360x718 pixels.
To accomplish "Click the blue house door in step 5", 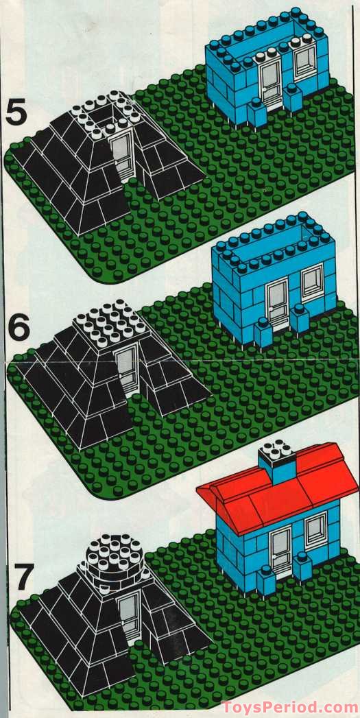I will tap(272, 82).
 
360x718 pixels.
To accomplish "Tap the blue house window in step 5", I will tap(304, 62).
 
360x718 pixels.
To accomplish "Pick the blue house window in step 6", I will tap(312, 280).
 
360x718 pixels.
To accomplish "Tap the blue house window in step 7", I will tap(315, 529).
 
